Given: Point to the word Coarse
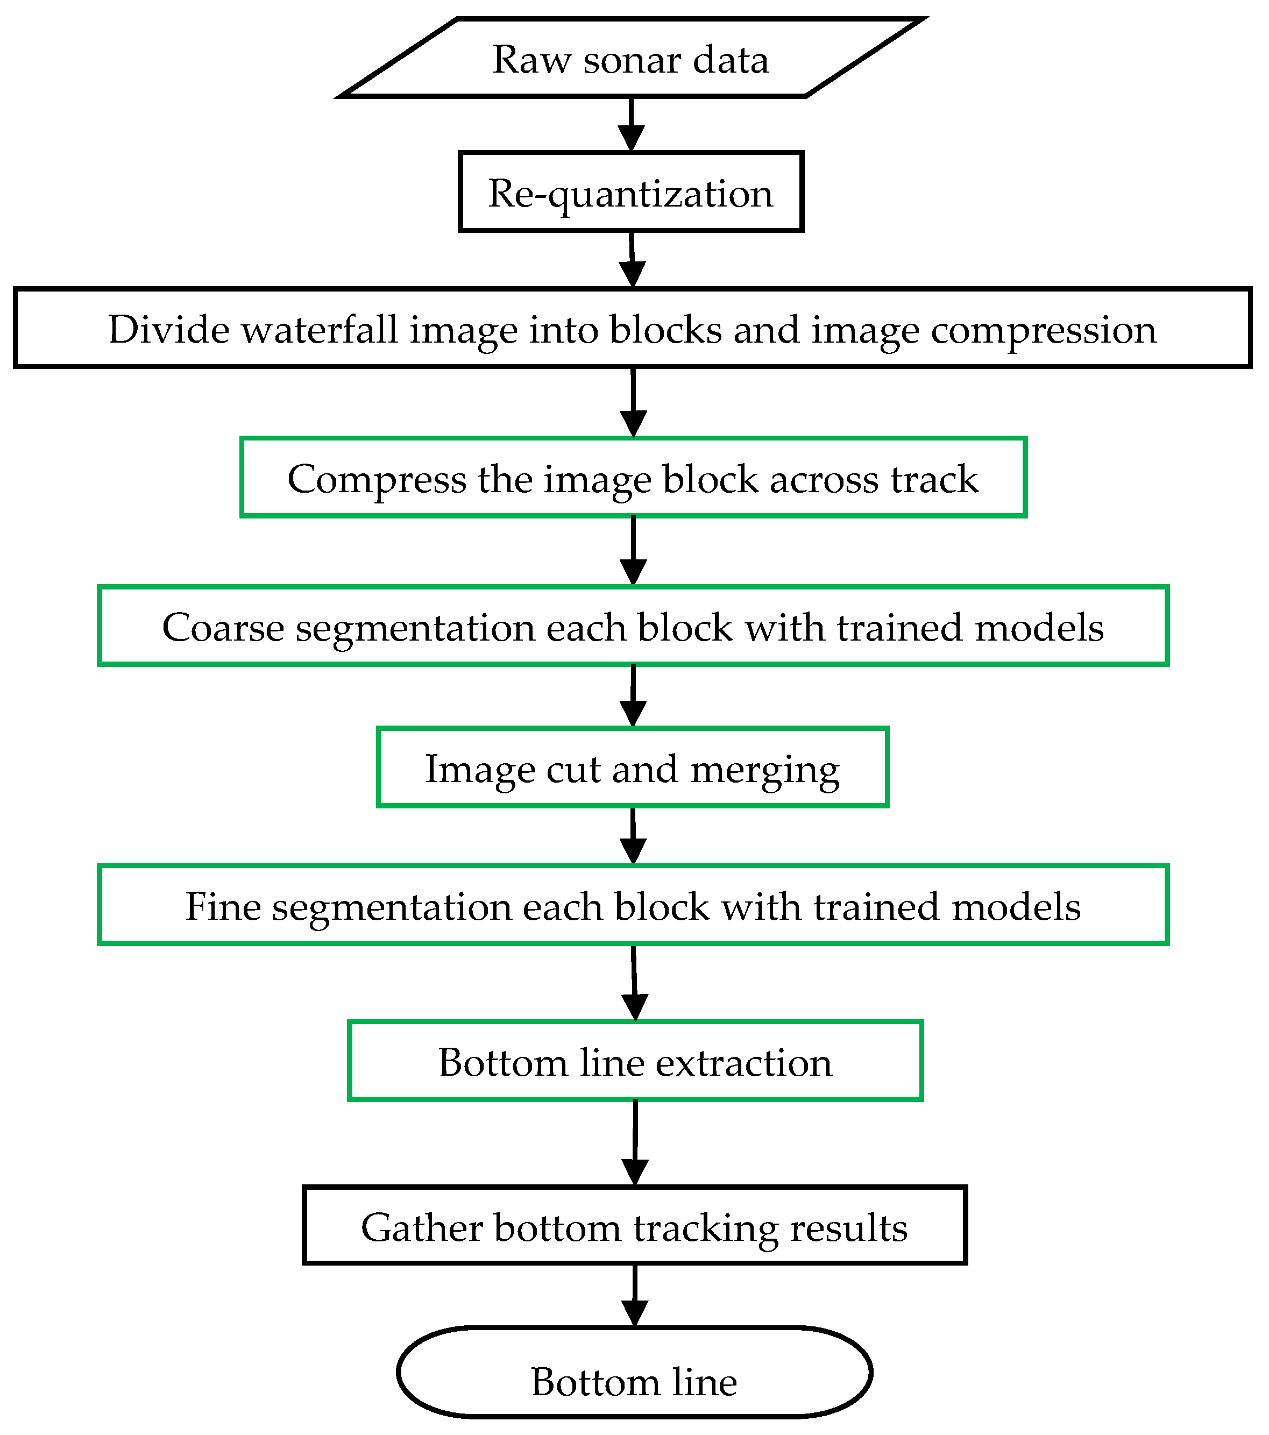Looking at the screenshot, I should pos(223,627).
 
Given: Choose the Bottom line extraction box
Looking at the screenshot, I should pos(635,1062).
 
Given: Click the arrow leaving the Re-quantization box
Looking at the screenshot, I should pos(633,259).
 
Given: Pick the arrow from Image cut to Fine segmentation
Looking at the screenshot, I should pos(634,836).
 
